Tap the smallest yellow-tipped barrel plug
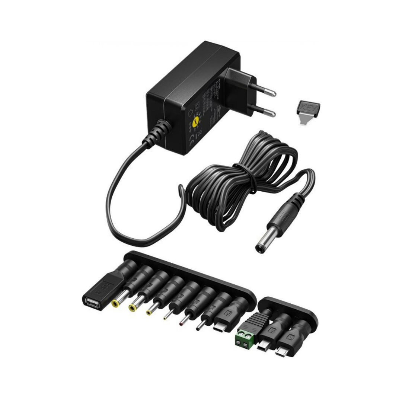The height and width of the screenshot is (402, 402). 149,312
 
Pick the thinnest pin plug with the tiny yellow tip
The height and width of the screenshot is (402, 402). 165,318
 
